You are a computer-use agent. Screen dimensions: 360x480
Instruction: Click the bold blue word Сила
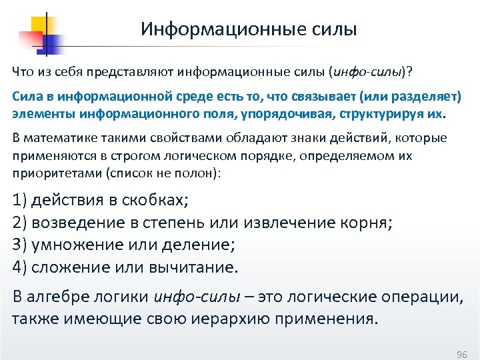25,98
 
